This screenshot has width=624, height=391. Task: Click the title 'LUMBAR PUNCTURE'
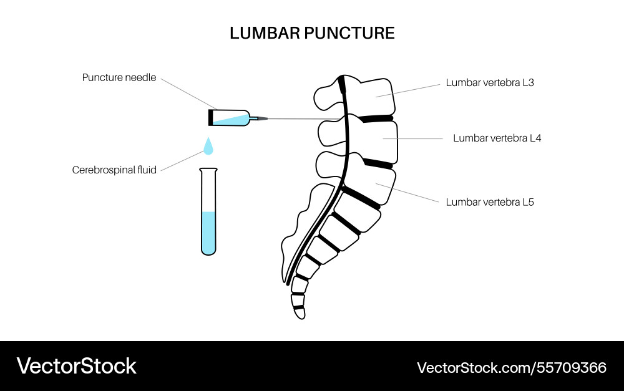pyautogui.click(x=312, y=33)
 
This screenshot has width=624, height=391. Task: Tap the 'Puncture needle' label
pyautogui.click(x=119, y=78)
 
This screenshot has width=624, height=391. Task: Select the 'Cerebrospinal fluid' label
pyautogui.click(x=114, y=169)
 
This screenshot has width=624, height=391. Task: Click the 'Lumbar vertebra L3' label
pyautogui.click(x=490, y=82)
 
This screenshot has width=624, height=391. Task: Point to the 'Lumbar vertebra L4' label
pyautogui.click(x=497, y=138)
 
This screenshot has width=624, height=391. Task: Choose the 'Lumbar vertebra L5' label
pyautogui.click(x=490, y=202)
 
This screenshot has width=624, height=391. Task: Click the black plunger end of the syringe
pyautogui.click(x=210, y=117)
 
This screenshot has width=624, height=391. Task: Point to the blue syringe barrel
pyautogui.click(x=231, y=117)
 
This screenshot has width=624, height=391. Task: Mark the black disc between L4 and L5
pyautogui.click(x=378, y=163)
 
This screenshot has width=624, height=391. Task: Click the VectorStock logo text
pyautogui.click(x=76, y=366)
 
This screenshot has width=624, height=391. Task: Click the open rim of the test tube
pyautogui.click(x=208, y=170)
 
